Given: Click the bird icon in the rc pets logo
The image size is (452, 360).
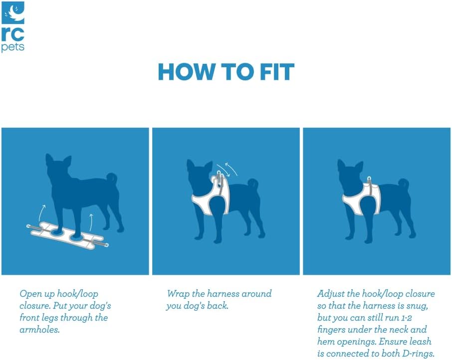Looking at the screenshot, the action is [x=12, y=12].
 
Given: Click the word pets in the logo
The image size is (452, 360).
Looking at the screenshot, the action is [x=12, y=47].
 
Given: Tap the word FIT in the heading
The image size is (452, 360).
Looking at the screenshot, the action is [x=277, y=72].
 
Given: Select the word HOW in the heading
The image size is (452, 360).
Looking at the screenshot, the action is [x=187, y=72].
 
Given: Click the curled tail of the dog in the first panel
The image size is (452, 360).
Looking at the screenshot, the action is [x=112, y=180].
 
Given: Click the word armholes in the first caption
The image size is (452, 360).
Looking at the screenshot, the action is [x=39, y=330].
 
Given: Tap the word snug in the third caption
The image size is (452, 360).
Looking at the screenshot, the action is [x=418, y=306].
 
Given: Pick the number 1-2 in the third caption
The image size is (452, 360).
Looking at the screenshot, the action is [x=406, y=318].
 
